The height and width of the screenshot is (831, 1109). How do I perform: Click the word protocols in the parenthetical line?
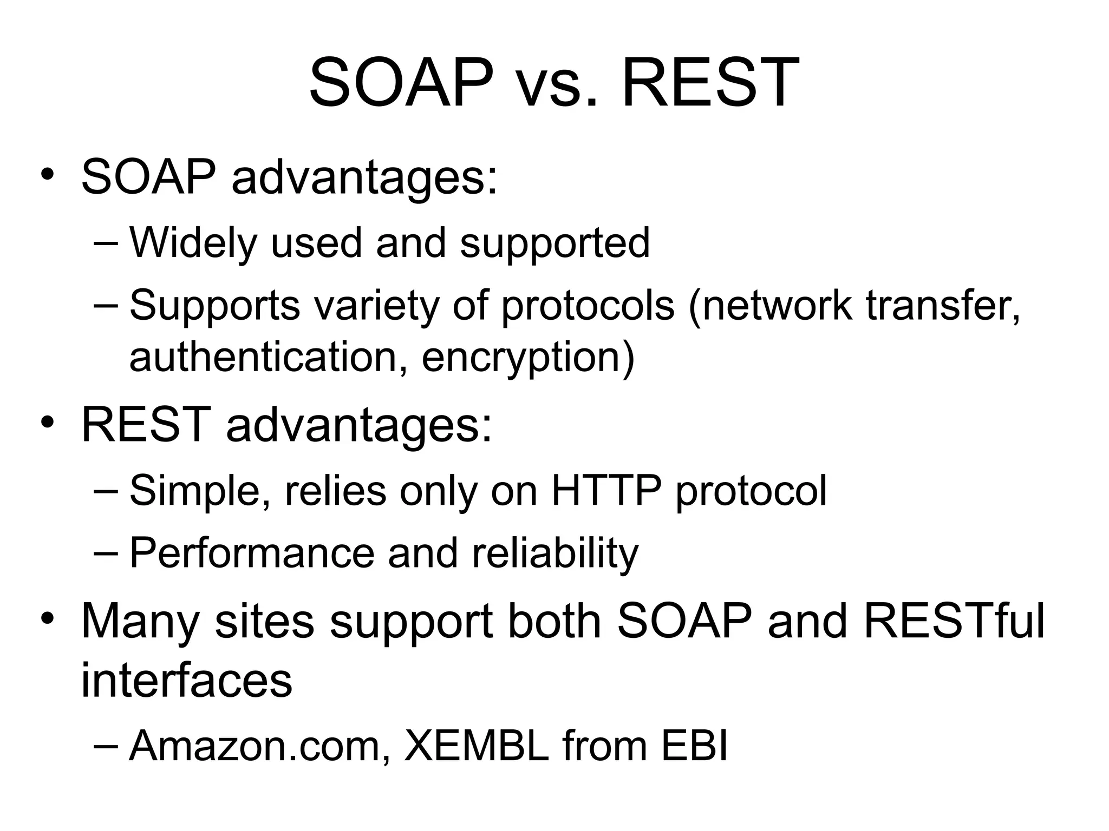[588, 306]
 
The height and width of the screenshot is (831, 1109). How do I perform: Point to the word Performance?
[252, 553]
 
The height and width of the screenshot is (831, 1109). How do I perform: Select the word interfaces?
[187, 680]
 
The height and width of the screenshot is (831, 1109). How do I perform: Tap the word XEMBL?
[477, 746]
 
